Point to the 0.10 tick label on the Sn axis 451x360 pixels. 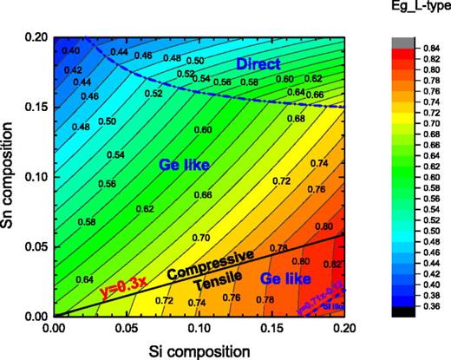pyautogui.click(x=33, y=176)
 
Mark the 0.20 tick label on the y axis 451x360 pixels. pyautogui.click(x=33, y=36)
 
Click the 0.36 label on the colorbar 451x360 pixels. pyautogui.click(x=427, y=306)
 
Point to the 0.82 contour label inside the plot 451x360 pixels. pyautogui.click(x=332, y=265)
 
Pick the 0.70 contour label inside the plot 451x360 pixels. pyautogui.click(x=200, y=237)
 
